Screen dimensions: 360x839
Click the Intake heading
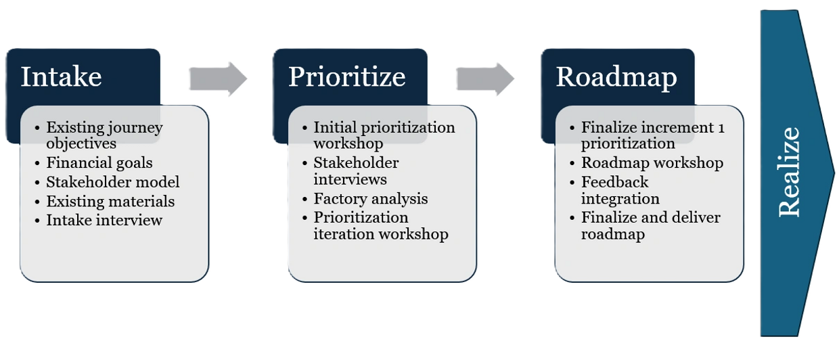(x=61, y=76)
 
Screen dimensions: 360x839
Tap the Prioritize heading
(x=346, y=76)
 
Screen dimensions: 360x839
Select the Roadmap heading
(x=616, y=76)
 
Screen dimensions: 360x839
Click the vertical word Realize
(x=790, y=172)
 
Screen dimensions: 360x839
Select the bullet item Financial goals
(x=99, y=162)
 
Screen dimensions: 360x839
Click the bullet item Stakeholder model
(x=112, y=182)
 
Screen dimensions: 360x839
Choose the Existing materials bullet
(x=110, y=201)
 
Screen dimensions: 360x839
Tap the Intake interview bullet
(x=104, y=220)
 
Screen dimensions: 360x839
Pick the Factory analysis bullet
(x=370, y=199)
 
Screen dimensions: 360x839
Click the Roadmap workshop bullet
(x=652, y=163)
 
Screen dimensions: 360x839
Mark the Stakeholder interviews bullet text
(x=355, y=171)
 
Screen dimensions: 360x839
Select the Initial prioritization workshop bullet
(x=384, y=135)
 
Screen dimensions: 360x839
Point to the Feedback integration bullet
(x=619, y=190)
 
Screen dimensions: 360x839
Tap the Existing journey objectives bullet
(x=104, y=135)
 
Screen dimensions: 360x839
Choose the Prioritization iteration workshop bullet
(x=380, y=226)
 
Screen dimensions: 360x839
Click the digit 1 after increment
(x=721, y=128)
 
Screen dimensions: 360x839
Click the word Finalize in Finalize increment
(x=606, y=127)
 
